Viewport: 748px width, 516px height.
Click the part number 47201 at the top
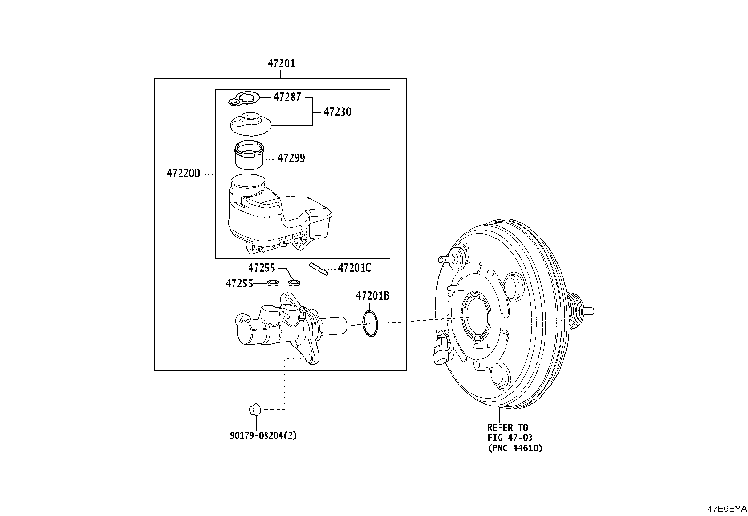[281, 63]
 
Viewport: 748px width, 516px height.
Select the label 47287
[287, 97]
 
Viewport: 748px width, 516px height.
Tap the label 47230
[337, 111]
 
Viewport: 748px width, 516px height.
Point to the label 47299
[291, 158]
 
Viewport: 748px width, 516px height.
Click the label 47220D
[183, 173]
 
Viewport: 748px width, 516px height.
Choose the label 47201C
[354, 268]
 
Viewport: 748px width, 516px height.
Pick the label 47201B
[372, 296]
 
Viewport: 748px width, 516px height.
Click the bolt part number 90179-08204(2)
[263, 436]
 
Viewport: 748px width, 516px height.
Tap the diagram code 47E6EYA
[727, 509]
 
